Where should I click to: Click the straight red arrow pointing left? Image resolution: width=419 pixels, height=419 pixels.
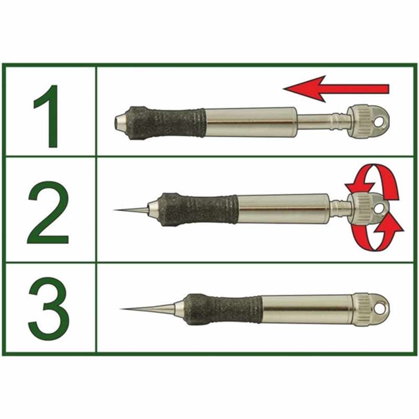(x=335, y=89)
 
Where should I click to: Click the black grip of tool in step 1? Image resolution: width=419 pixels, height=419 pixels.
(x=168, y=122)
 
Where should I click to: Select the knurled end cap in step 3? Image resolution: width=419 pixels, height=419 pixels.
(x=362, y=309)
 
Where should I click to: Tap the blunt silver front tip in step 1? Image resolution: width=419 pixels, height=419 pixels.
(x=120, y=122)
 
